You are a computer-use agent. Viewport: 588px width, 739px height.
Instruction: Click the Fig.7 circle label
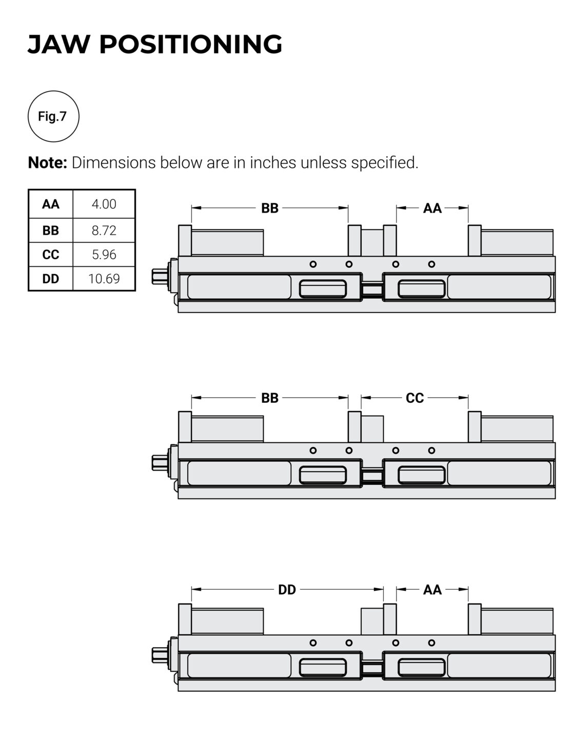(x=53, y=116)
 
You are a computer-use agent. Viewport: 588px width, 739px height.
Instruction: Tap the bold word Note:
(x=48, y=163)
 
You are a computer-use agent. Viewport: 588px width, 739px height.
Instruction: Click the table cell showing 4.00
(x=104, y=204)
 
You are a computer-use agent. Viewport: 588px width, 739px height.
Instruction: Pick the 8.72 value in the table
(x=104, y=230)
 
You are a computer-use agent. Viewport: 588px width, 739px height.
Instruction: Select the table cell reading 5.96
(x=104, y=255)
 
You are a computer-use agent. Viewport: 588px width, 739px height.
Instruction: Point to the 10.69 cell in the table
(x=104, y=279)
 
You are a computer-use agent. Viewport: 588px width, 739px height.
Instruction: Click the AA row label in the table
(x=51, y=204)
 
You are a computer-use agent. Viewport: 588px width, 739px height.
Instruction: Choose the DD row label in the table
(x=51, y=279)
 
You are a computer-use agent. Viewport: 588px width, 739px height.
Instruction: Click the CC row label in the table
(x=51, y=255)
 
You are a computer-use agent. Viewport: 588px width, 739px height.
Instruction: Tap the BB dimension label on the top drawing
(x=270, y=208)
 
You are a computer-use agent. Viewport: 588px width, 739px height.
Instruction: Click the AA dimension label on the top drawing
(x=432, y=208)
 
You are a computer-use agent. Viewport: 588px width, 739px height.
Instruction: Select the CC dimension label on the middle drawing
(x=415, y=398)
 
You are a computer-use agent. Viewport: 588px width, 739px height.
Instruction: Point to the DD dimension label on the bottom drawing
(x=287, y=590)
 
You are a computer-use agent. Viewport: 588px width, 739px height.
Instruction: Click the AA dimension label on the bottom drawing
(x=432, y=590)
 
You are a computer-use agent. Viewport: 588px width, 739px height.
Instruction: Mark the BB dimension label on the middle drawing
(x=270, y=398)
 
